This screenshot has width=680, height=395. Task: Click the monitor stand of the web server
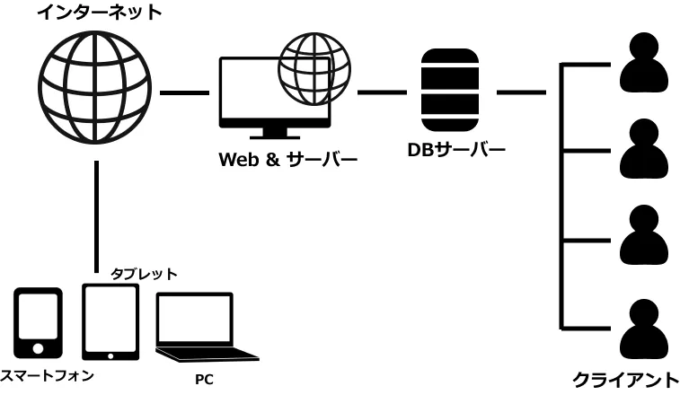(x=276, y=131)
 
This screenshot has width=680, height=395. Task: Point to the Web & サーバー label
(x=288, y=160)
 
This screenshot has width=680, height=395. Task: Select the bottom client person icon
(x=645, y=329)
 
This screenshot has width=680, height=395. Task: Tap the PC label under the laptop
(x=204, y=379)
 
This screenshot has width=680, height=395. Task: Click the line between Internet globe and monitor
(x=184, y=92)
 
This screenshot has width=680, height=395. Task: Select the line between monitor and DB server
(x=382, y=92)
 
